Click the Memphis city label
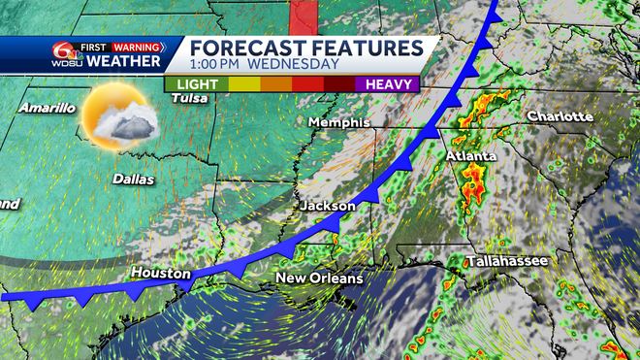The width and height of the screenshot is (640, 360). click(339, 123)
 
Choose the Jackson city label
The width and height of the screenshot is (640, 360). click(328, 207)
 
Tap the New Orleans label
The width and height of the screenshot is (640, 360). click(319, 278)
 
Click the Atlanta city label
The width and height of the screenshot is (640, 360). click(471, 155)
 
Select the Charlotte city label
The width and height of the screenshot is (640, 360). click(560, 116)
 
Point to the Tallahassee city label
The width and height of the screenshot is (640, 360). click(507, 262)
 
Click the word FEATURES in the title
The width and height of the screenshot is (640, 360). click(368, 48)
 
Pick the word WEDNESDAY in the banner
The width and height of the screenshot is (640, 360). click(292, 64)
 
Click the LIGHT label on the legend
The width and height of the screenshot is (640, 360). click(197, 83)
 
